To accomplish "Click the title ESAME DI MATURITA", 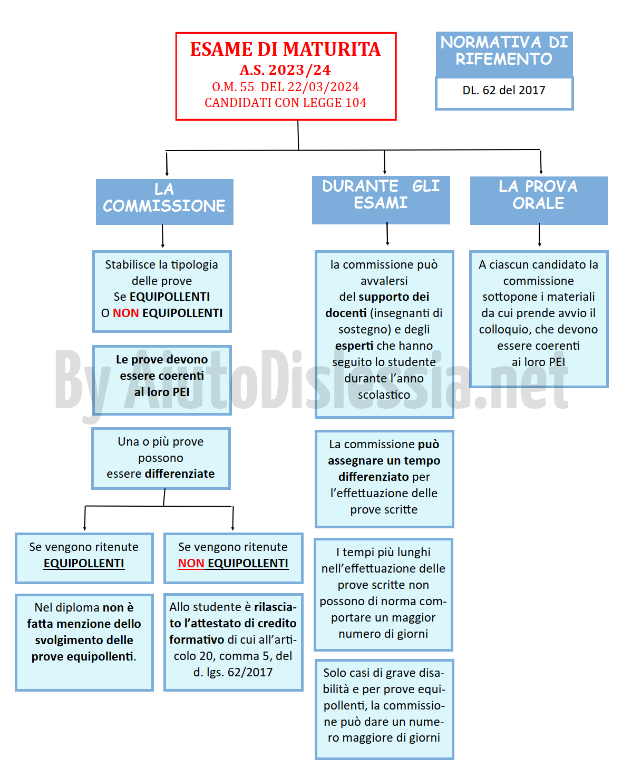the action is (285, 49).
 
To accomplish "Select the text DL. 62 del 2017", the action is (504, 90).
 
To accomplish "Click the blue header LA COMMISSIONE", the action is (164, 202).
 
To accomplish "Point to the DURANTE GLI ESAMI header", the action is (381, 200).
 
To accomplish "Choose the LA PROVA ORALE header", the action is (538, 201).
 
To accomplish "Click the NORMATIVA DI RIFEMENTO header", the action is (504, 54).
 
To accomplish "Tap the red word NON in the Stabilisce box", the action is (125, 313).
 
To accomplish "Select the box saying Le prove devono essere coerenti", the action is (162, 380).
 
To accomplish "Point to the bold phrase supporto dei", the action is (394, 297).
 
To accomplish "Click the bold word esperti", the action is (354, 346).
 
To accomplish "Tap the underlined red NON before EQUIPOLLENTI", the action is (191, 563).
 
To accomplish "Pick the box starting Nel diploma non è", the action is (84, 643).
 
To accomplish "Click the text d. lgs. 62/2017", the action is (232, 672).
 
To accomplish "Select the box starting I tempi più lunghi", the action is (383, 595).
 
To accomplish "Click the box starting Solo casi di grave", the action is (384, 710).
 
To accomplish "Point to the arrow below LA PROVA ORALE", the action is (539, 234).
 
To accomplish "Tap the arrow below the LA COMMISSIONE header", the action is (162, 236).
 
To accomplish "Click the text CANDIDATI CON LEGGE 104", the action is (286, 103).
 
